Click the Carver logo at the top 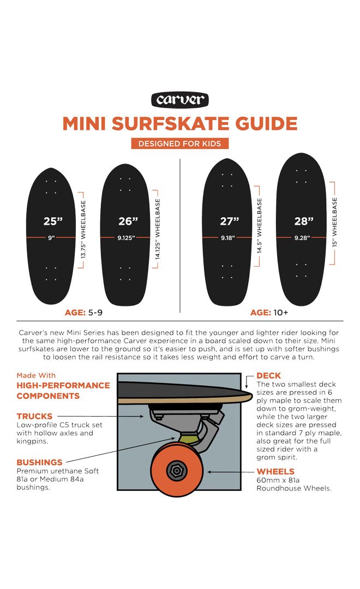click(x=180, y=100)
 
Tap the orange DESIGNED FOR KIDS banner click(x=180, y=143)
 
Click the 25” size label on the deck click(x=53, y=221)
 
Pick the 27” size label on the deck click(x=230, y=221)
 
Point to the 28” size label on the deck click(x=304, y=221)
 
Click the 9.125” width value click(x=127, y=238)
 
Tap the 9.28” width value click(x=304, y=238)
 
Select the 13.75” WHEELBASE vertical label click(x=84, y=230)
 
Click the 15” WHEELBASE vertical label click(x=334, y=222)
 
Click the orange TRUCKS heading click(x=34, y=417)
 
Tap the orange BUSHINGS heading click(x=39, y=462)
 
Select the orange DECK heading click(x=268, y=376)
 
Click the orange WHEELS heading click(x=275, y=471)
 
